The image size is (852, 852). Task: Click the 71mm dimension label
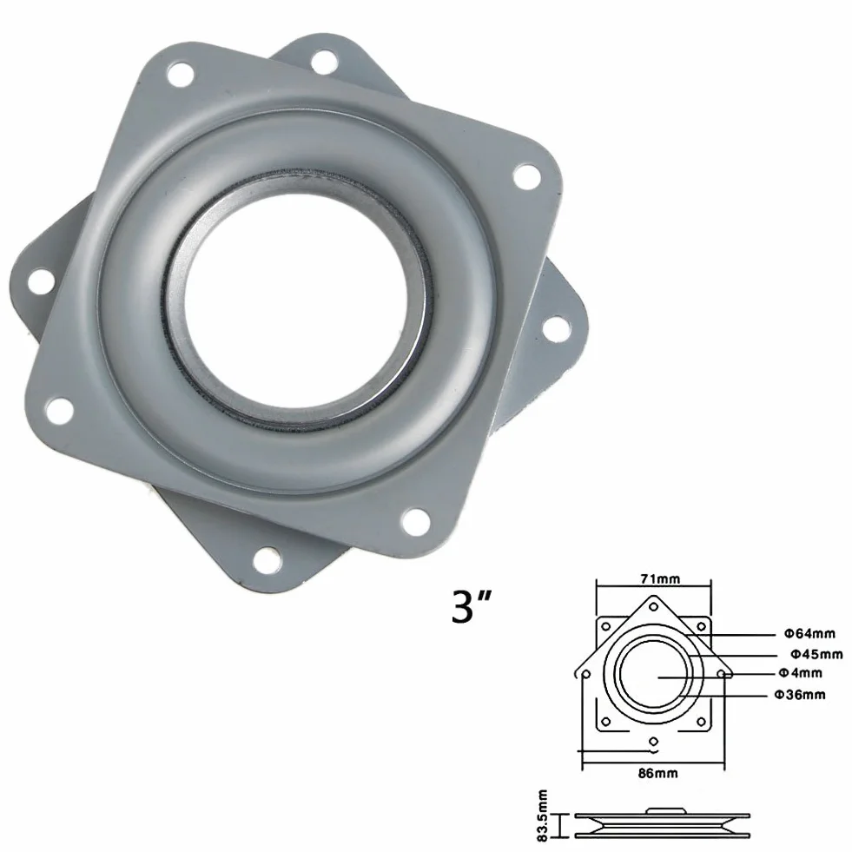click(x=660, y=578)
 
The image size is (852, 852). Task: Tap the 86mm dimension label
click(x=657, y=773)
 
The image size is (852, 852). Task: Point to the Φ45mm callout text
click(x=816, y=653)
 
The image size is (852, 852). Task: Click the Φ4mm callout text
click(x=801, y=673)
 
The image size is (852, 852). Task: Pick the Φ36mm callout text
click(x=800, y=695)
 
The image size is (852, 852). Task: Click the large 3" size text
click(x=471, y=606)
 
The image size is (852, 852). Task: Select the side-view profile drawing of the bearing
click(x=663, y=822)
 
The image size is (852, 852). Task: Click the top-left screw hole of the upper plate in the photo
click(x=181, y=75)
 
